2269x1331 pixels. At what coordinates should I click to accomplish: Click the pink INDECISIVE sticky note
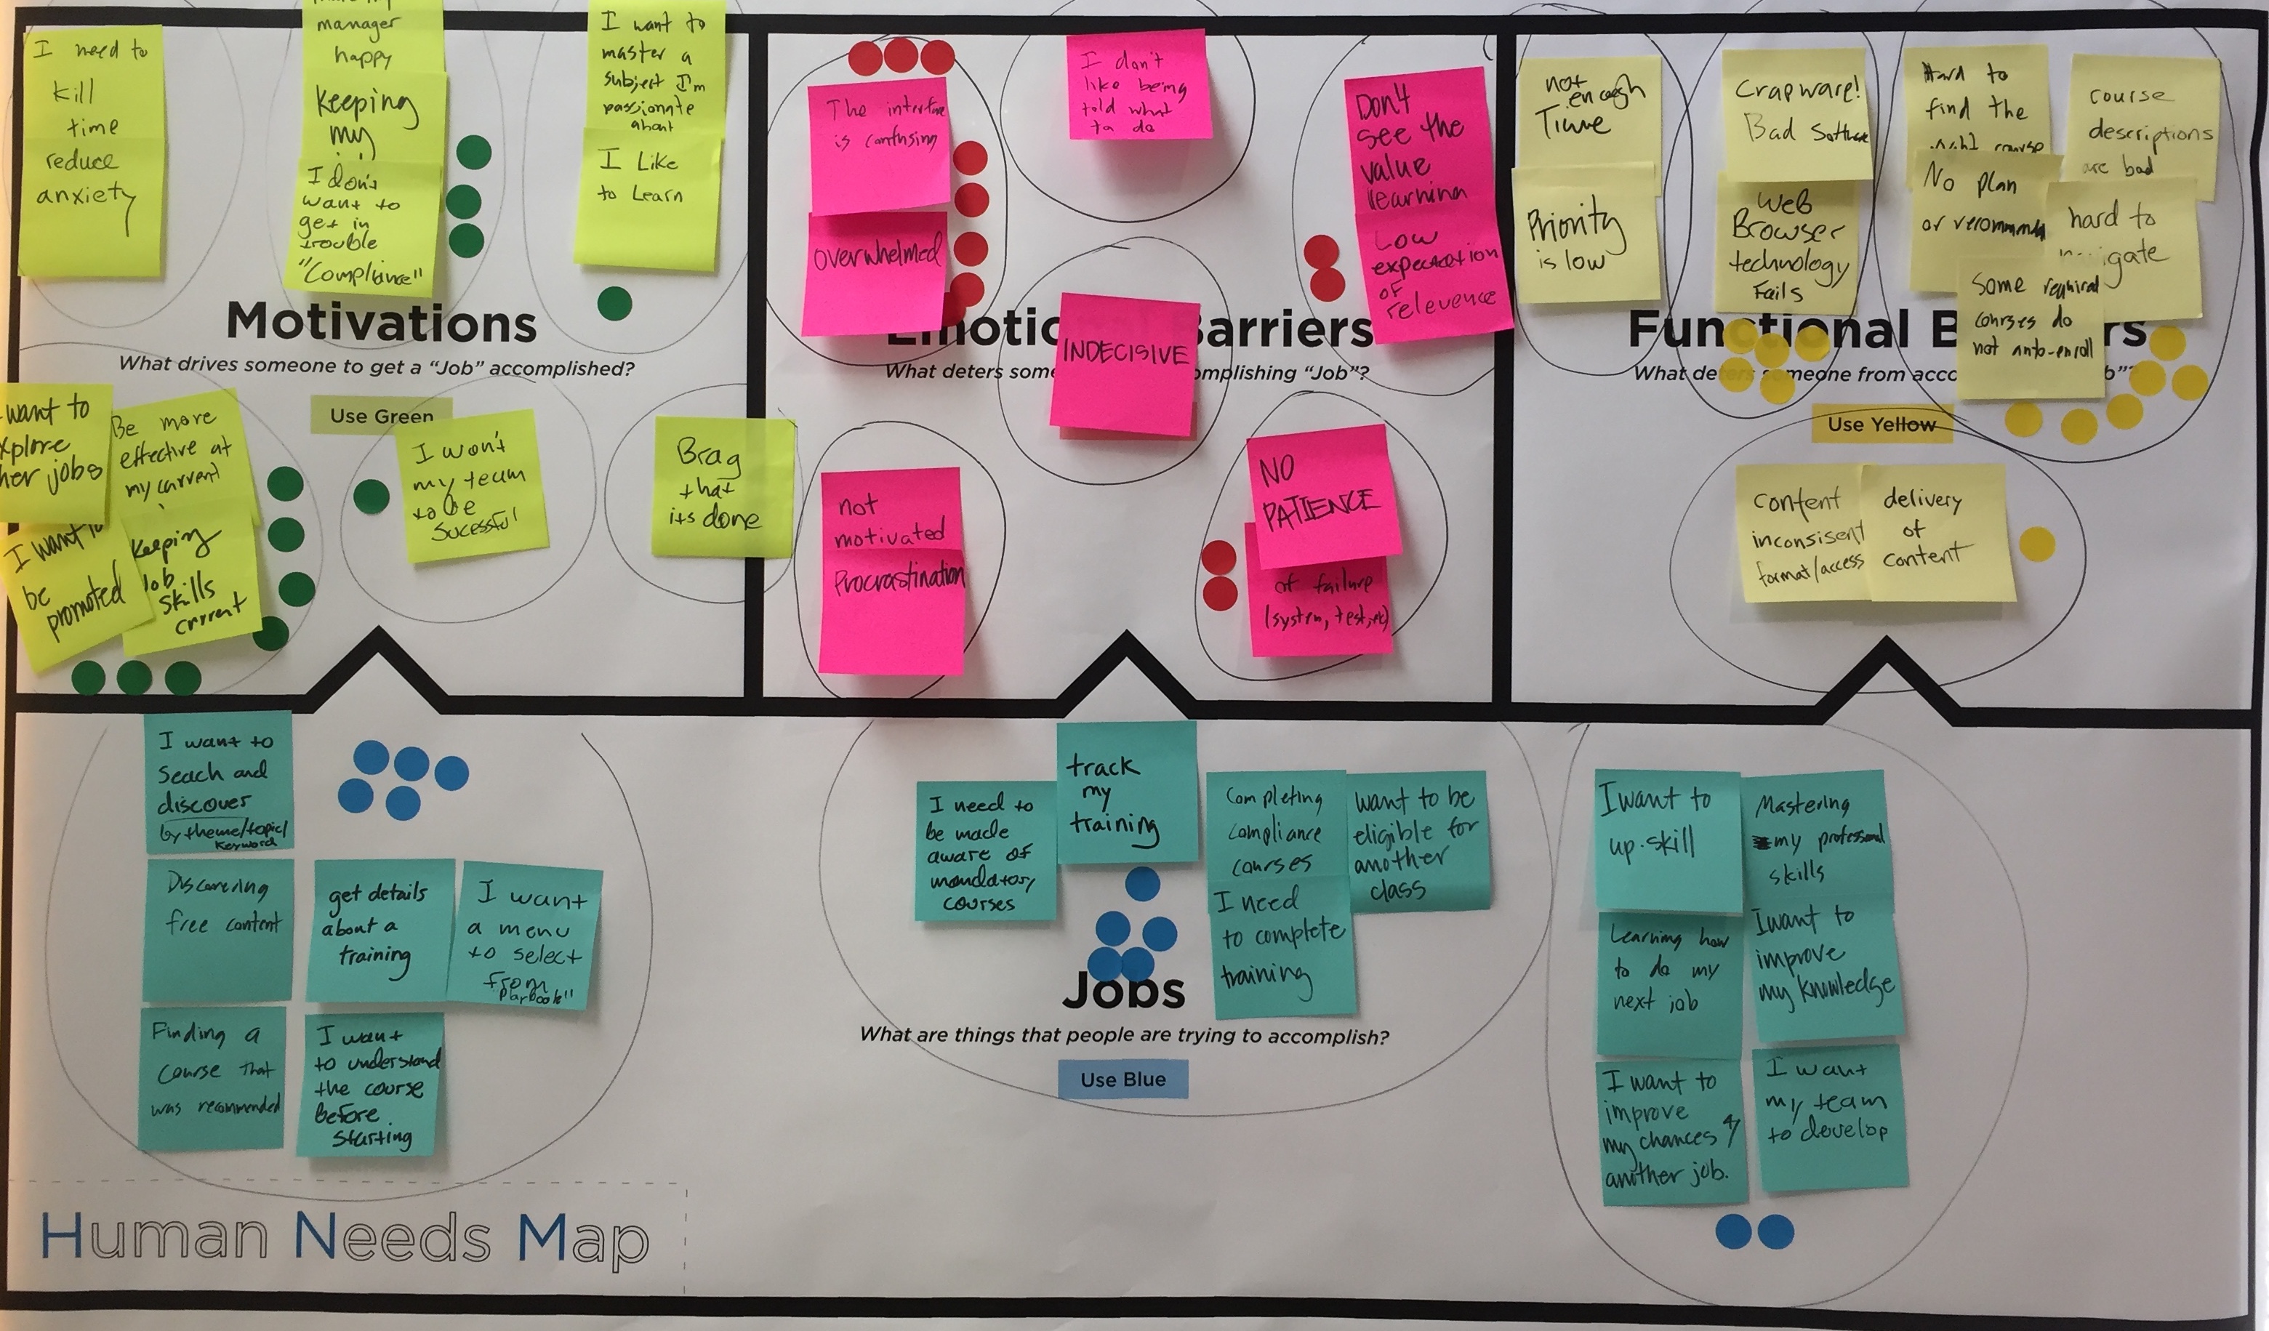tap(1123, 365)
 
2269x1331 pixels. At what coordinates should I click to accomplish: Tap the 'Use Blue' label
tap(1123, 1079)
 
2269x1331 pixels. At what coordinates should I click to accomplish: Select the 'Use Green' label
tap(381, 415)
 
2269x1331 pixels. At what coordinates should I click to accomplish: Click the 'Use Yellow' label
tap(1881, 424)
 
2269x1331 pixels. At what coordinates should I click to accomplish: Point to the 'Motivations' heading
tap(381, 323)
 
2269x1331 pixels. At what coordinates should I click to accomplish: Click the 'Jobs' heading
tap(1123, 991)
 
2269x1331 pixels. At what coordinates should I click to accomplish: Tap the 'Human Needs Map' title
tap(344, 1237)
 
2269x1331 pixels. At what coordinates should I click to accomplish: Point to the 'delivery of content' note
tap(1932, 531)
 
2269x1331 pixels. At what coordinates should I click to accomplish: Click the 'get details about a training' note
tap(378, 928)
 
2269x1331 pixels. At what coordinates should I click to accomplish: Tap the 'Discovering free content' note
tap(219, 928)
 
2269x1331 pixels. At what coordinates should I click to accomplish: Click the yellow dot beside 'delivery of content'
tap(2036, 544)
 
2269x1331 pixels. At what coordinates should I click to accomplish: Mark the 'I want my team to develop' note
tap(1828, 1117)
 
